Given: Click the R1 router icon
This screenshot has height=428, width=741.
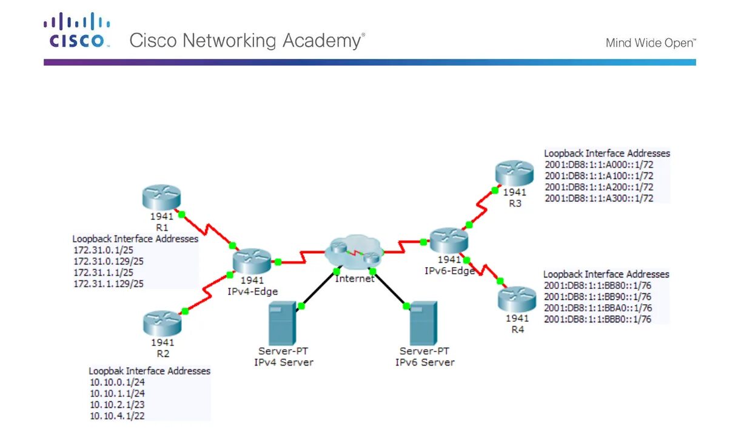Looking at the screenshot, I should [163, 197].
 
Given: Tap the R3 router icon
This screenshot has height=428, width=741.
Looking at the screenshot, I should [514, 173].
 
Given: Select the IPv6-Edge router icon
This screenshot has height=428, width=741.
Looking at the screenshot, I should [449, 240].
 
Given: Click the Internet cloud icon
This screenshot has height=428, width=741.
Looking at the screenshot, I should [355, 251].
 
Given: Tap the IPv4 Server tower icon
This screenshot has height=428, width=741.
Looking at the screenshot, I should [282, 324].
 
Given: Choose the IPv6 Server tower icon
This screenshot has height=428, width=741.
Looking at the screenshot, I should [424, 324].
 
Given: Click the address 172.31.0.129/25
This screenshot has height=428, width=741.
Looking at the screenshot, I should [109, 262].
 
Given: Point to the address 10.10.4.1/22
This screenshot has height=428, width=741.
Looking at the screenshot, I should [117, 416].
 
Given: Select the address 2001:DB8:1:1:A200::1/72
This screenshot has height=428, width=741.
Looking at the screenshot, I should [599, 187].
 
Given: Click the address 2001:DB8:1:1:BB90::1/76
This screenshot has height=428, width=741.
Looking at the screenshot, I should [598, 297].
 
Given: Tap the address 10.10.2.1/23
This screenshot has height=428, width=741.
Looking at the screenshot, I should [117, 404].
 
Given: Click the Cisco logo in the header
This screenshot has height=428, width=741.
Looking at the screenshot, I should [76, 32].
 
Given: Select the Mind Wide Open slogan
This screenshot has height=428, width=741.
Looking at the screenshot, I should [651, 43].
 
